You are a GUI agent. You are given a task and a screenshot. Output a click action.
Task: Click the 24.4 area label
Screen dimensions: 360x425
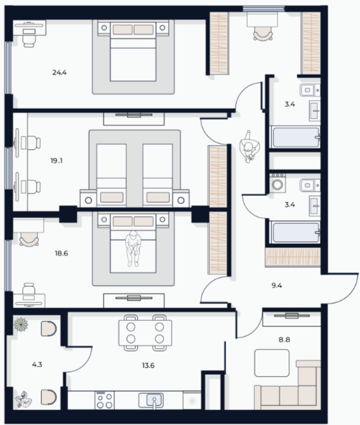(59, 72)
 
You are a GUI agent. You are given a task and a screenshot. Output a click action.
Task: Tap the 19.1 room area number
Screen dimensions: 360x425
(56, 161)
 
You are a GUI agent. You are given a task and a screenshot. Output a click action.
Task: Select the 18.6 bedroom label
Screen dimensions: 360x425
(62, 253)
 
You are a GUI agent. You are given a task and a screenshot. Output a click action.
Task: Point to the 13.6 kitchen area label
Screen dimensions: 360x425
(148, 366)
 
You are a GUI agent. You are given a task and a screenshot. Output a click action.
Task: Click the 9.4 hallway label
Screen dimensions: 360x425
(276, 286)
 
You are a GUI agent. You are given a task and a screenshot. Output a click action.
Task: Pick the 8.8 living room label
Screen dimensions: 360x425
(285, 339)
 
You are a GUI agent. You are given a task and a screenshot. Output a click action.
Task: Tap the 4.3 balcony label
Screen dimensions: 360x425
(37, 365)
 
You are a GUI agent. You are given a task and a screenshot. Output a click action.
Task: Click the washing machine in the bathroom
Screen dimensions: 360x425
(277, 183)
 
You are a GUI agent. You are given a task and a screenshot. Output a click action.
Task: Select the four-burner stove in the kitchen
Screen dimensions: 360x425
(105, 400)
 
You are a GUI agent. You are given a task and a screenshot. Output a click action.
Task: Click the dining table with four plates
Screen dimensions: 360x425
(145, 333)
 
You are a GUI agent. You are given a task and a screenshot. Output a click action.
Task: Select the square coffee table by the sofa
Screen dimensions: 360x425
(272, 363)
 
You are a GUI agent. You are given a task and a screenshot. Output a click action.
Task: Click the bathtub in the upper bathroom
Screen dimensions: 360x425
(296, 137)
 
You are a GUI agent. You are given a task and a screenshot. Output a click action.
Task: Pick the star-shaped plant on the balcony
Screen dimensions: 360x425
(21, 324)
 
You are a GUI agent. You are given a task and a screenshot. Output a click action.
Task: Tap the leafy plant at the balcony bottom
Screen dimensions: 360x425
(23, 399)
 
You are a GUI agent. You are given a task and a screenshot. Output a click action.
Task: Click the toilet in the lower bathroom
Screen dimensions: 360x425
(310, 186)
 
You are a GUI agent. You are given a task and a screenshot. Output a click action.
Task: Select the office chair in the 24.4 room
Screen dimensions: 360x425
(29, 40)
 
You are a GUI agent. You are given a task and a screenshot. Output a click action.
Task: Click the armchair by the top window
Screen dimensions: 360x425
(263, 35)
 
